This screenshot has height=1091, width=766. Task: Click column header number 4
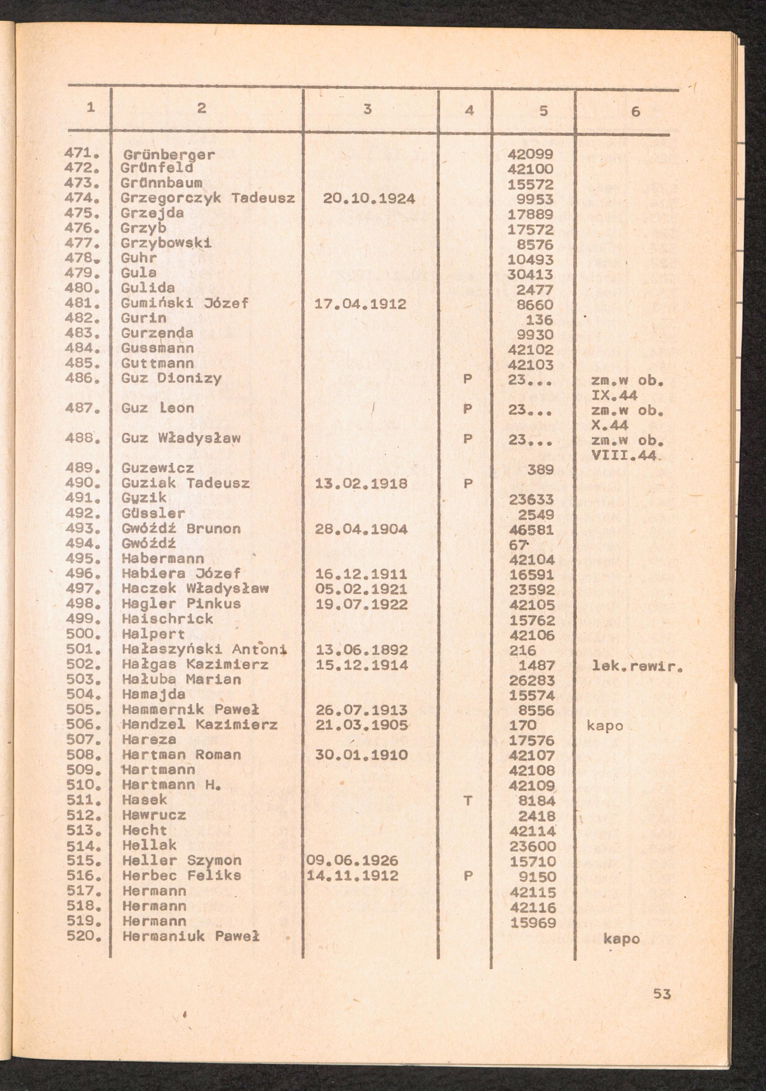469,110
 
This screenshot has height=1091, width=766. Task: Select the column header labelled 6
635,112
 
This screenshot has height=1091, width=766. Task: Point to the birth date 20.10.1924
369,199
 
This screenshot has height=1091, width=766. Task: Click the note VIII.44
624,456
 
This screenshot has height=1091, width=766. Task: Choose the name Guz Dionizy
171,379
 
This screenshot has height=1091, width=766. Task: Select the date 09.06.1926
352,861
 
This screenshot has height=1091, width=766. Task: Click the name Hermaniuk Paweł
191,936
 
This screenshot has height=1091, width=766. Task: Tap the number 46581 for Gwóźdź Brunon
531,529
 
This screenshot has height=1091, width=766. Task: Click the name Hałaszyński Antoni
204,649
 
